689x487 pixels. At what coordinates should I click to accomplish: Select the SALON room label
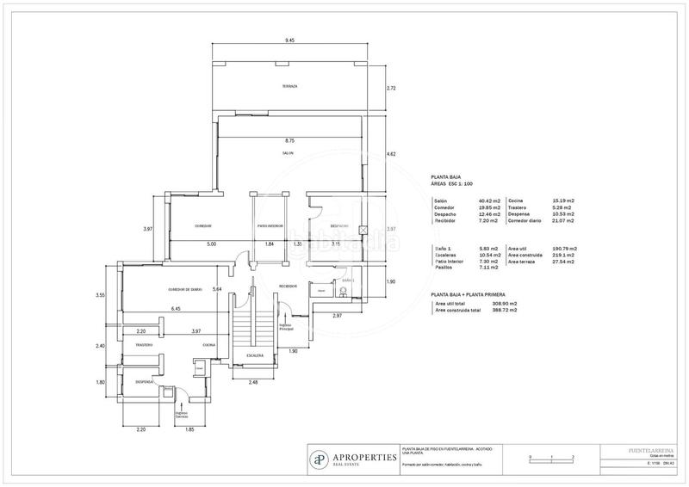coord(288,153)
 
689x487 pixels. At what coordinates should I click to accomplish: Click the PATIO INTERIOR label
coord(270,226)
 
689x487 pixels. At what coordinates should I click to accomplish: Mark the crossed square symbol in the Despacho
coord(363,231)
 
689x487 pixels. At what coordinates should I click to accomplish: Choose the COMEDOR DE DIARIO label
coord(184,289)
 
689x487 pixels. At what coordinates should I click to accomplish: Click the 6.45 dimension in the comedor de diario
coord(176,309)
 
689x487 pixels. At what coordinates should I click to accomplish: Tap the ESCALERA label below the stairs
coord(254,354)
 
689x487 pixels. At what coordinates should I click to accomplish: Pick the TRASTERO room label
coord(143,345)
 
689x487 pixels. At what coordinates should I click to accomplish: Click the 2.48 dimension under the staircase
coord(251,383)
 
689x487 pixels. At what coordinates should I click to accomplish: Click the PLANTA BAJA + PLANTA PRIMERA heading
coord(473,294)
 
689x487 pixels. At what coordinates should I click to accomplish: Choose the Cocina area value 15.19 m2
coord(563,200)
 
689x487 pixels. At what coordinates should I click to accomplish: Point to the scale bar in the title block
coord(552,457)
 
